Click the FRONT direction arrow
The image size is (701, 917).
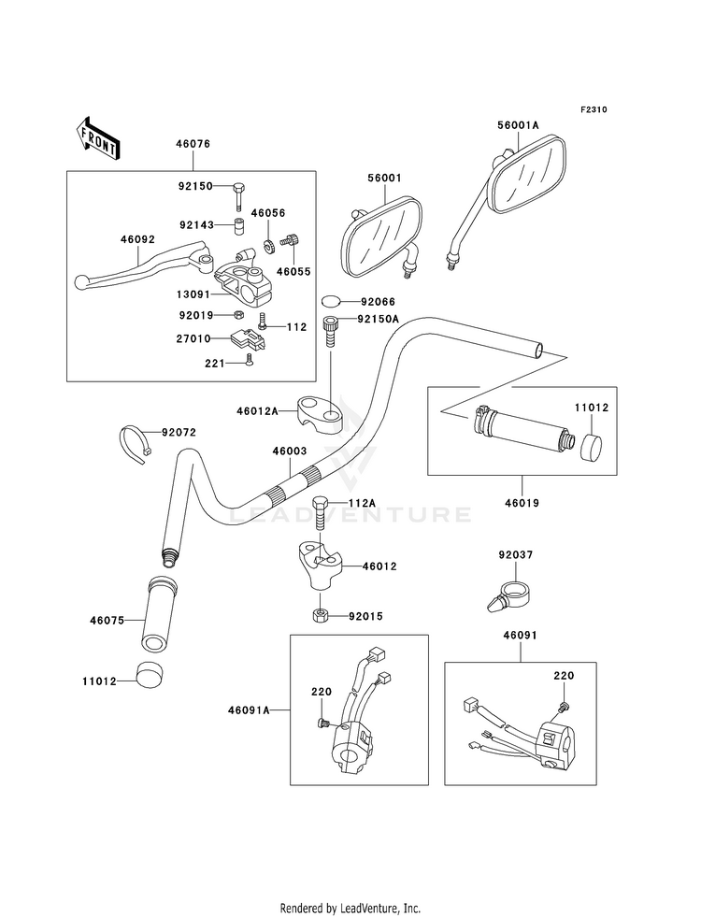[x=97, y=137]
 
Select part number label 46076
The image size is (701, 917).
[x=193, y=144]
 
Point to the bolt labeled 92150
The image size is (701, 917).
[x=238, y=196]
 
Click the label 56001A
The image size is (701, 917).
[x=518, y=125]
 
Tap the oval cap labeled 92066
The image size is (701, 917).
[x=331, y=301]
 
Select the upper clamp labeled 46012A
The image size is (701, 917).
[x=320, y=413]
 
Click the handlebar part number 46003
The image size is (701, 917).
[x=290, y=451]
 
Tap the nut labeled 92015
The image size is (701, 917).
[x=320, y=615]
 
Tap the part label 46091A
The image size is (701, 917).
[x=249, y=710]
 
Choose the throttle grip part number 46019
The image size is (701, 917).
[x=522, y=502]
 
